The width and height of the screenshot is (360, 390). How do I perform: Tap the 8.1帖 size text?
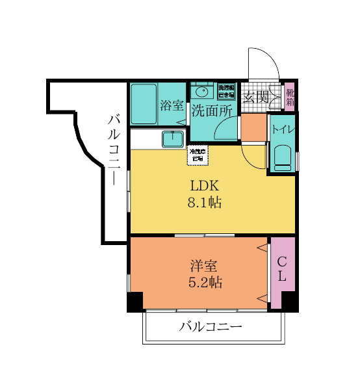pos(204,203)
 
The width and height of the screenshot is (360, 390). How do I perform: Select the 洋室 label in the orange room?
pos(203,266)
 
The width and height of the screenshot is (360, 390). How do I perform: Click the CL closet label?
pos(283,268)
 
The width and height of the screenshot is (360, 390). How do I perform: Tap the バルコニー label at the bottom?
pos(211,326)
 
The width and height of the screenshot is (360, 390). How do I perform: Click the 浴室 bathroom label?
pos(172,105)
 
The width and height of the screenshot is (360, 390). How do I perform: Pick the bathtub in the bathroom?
pos(144,104)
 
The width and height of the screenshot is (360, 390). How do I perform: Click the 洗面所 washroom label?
pos(211,110)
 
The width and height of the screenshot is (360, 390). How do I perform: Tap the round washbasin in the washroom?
pos(202,91)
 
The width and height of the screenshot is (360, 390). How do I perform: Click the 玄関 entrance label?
pos(256,98)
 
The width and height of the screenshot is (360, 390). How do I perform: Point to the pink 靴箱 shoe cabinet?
pos(290,97)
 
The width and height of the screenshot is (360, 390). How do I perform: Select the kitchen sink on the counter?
pos(173,138)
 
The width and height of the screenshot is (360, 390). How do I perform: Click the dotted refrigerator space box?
pos(198,155)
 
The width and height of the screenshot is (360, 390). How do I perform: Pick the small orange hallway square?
pos(253,128)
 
